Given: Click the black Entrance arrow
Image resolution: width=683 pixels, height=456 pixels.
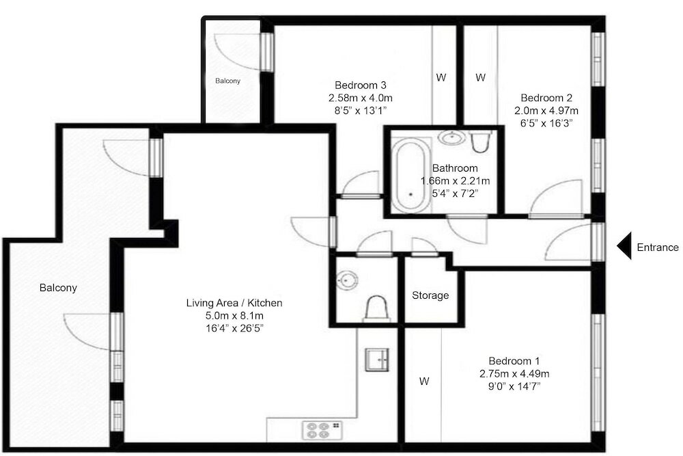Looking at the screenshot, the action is (624, 246).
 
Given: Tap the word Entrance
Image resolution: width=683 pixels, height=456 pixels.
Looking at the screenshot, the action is (658, 247).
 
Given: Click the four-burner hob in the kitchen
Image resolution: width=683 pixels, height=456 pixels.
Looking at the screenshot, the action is (322, 430).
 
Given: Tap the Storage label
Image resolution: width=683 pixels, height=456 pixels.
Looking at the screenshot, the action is (430, 295).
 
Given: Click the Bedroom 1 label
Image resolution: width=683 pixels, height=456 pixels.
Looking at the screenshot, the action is (514, 361).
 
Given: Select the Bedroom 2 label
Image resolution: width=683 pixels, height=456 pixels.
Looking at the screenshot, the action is (546, 98).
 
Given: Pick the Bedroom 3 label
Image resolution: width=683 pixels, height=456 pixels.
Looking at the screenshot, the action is (360, 85).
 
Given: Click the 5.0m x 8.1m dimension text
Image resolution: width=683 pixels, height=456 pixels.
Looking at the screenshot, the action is (234, 315).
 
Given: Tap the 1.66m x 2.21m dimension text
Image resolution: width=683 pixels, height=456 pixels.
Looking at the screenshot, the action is (455, 180).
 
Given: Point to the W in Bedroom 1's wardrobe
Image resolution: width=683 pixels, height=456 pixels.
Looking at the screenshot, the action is (424, 381).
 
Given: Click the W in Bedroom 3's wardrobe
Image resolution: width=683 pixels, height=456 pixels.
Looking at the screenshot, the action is (441, 78).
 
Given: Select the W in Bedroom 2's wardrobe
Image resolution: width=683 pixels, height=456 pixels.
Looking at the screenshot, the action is (480, 78).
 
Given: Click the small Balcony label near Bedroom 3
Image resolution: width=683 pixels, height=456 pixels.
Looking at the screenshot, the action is (228, 81).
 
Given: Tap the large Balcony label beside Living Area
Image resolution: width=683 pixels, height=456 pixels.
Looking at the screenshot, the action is (58, 288).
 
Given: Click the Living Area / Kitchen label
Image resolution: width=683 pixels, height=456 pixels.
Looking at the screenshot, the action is (234, 303).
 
